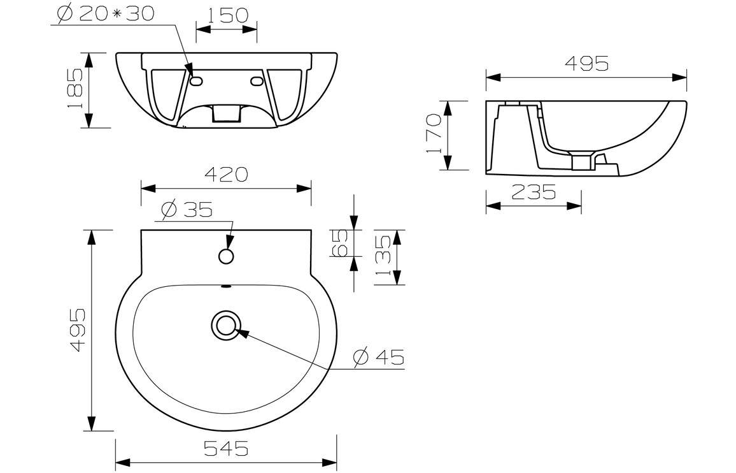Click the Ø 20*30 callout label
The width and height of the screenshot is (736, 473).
click(106, 13)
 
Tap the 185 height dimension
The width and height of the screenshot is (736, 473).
click(76, 89)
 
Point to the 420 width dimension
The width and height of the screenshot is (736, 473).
click(226, 175)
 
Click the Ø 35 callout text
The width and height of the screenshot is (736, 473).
click(187, 209)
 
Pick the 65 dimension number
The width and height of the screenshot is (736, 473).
click(339, 243)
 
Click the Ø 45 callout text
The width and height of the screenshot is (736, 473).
click(378, 358)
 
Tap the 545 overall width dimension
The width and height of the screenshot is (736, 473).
click(226, 449)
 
